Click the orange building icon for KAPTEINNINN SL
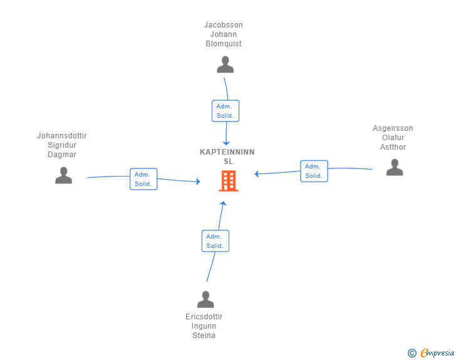229,181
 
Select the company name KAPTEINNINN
227,152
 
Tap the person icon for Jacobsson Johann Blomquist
225,64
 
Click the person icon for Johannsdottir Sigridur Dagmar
63,175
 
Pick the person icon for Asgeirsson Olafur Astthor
395,167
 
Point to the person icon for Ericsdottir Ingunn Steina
205,299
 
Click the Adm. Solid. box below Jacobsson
225,111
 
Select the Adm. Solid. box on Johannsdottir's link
143,179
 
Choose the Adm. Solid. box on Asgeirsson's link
314,171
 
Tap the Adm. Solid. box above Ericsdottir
215,241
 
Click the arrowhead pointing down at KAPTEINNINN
226,143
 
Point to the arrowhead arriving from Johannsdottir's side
199,182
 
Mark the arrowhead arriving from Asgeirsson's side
257,174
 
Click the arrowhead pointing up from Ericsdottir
223,203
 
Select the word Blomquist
224,44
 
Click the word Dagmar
62,155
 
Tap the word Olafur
393,138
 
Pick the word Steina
204,336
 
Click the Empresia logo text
437,352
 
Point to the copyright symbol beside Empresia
412,353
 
